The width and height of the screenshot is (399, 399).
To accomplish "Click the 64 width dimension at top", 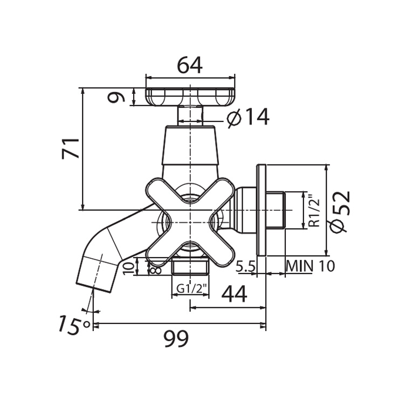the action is [x=190, y=65].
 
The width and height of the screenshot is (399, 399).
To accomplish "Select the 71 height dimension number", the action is [x=71, y=149].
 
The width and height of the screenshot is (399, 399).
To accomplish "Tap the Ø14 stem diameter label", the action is [x=248, y=117].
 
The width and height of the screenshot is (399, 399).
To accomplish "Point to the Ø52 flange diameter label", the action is [x=340, y=211].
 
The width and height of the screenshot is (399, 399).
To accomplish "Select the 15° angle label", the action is [x=74, y=325].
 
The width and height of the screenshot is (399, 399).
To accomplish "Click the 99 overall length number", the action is [x=176, y=339].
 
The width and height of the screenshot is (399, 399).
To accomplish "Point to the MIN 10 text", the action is [x=310, y=266].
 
